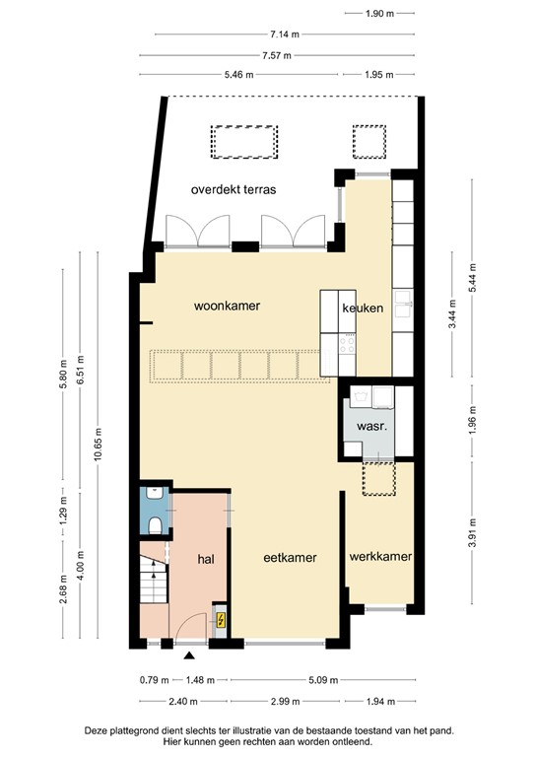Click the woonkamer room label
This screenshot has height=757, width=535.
tap(227, 306)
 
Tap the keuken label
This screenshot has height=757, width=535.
tap(363, 308)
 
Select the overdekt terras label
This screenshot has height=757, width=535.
tap(234, 189)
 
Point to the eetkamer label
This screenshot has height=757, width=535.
tap(290, 558)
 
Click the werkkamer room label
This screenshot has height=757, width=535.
tap(380, 556)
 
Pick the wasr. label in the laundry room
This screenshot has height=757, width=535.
tap(372, 427)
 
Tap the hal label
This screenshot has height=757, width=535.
tap(206, 559)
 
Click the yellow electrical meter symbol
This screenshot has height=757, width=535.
tap(221, 619)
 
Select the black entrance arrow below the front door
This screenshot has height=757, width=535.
tap(189, 655)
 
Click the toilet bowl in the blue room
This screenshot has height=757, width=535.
tap(155, 525)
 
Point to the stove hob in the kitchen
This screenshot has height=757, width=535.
tap(347, 344)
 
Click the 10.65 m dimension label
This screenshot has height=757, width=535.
tap(98, 445)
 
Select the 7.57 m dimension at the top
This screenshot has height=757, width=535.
tap(277, 55)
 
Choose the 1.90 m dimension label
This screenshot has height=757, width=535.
tap(379, 14)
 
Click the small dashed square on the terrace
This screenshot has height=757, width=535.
tap(369, 142)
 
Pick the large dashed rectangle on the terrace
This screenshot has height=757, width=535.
tap(244, 142)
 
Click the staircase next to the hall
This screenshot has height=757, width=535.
tap(154, 579)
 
